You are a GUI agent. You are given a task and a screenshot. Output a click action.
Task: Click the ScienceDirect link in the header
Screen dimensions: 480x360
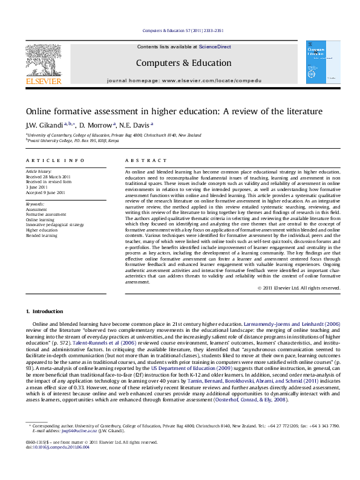click(215, 47)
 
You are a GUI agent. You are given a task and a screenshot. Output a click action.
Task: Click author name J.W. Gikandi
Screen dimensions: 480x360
click(41, 125)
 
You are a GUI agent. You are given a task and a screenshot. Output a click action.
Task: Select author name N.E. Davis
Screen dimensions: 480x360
click(136, 125)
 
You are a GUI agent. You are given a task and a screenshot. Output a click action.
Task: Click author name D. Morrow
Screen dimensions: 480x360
click(95, 125)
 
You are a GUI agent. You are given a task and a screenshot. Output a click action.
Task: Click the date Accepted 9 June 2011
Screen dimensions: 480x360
click(45, 192)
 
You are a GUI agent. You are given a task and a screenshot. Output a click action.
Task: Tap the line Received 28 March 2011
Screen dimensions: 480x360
click(48, 177)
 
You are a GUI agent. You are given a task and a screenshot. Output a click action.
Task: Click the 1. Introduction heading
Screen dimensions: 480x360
click(44, 311)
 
